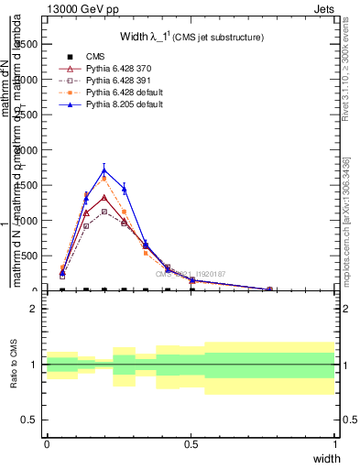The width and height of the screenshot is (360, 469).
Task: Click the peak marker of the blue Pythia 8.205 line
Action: tap(105, 169)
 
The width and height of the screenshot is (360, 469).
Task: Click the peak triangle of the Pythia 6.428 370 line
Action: tap(105, 197)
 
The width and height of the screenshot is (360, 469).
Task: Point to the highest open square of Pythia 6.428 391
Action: tap(105, 211)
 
